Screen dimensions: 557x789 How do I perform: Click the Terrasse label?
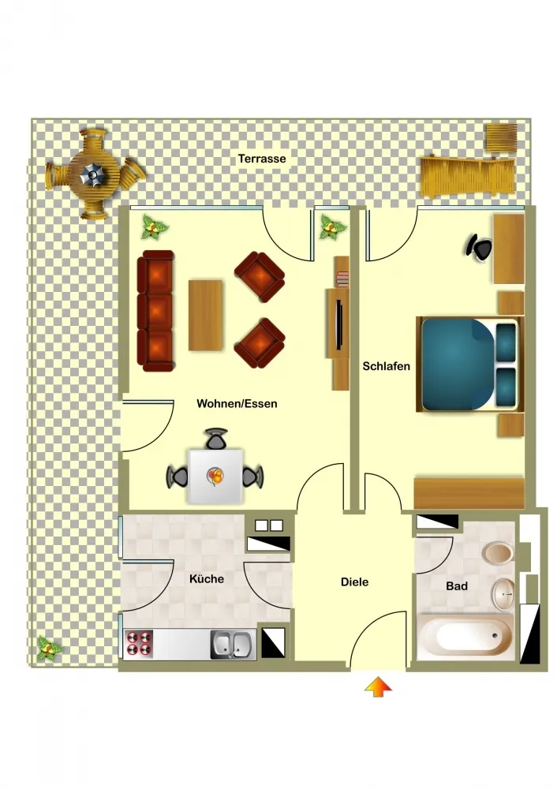262,159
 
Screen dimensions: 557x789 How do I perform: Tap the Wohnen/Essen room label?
237,403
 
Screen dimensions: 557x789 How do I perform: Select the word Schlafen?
387,366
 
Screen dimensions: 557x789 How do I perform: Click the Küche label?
207,578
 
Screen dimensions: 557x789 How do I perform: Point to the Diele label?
355,582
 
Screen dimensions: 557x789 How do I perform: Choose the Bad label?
457,586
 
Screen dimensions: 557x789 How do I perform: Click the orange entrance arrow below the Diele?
379,687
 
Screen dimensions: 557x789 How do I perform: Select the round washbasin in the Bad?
503,594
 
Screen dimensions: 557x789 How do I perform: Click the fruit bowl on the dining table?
215,476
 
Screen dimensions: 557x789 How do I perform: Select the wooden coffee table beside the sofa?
206,315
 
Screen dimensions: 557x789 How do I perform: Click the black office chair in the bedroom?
479,248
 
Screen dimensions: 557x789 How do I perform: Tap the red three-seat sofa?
155,311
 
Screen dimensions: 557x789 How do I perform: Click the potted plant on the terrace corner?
50,649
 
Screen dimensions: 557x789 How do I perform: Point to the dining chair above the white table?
216,439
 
